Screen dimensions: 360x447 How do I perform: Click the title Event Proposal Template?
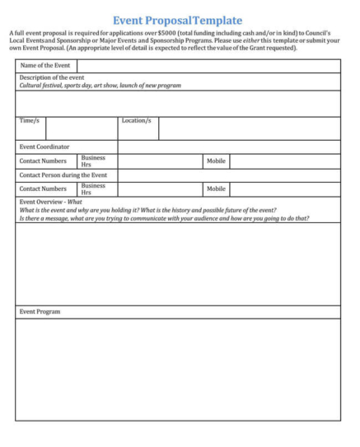pyautogui.click(x=177, y=19)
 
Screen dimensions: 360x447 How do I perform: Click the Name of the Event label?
pyautogui.click(x=45, y=65)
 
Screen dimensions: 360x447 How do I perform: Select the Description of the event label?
pyautogui.click(x=52, y=77)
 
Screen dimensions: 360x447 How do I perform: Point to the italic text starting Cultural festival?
pyautogui.click(x=100, y=85)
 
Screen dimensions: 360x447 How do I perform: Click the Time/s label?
pyautogui.click(x=30, y=121)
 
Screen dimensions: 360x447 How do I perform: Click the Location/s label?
pyautogui.click(x=136, y=121)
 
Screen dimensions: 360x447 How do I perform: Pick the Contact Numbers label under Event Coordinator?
pyautogui.click(x=43, y=161)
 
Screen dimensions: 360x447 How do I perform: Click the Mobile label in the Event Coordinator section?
pyautogui.click(x=216, y=161)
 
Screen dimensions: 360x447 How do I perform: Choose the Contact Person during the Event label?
pyautogui.click(x=63, y=175)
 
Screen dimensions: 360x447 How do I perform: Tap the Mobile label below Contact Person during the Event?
pyautogui.click(x=216, y=189)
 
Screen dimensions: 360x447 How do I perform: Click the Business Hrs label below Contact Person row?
pyautogui.click(x=93, y=189)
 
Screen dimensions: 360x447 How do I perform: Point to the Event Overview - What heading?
pyautogui.click(x=51, y=202)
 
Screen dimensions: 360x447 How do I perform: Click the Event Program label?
pyautogui.click(x=40, y=312)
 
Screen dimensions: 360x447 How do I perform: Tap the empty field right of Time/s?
pyautogui.click(x=81, y=128)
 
